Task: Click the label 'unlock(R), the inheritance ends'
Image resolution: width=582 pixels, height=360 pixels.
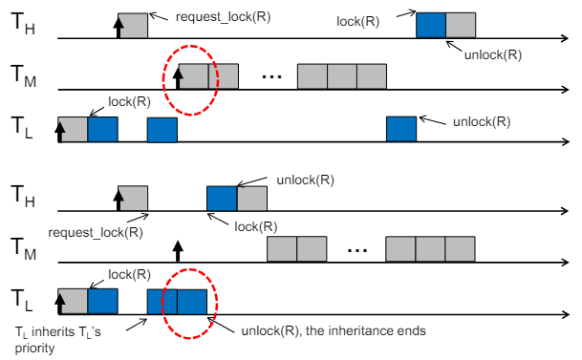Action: point(334,330)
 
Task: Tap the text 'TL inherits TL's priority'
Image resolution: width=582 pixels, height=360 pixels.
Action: point(58,340)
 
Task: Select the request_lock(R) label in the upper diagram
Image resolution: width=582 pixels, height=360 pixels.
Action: point(223,17)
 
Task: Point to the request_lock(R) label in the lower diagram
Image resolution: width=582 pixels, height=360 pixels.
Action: point(96,232)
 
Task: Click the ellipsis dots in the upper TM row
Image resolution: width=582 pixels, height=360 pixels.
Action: point(271,76)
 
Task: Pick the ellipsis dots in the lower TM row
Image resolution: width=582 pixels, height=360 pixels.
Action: point(357,250)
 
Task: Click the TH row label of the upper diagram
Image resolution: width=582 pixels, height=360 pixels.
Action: point(23,23)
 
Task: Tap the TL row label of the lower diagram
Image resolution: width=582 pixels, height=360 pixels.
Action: point(22,300)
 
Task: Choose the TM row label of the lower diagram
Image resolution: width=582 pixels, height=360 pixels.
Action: point(23,249)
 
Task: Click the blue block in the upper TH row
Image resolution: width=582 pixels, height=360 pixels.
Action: point(431,25)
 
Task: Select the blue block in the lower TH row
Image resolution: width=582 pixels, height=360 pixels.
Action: point(222,199)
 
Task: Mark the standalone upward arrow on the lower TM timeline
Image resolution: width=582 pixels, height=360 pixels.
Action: point(178,251)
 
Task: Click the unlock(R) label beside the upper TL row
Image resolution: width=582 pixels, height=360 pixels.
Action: point(482,122)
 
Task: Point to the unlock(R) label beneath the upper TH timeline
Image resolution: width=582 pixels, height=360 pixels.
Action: point(493,54)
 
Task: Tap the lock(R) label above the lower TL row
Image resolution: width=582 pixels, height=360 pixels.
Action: point(129,275)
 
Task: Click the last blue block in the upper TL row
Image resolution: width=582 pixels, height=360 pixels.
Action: point(401,129)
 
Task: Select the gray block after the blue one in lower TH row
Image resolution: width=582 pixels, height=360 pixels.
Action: point(251,199)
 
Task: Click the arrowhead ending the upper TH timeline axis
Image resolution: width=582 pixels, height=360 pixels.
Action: point(566,38)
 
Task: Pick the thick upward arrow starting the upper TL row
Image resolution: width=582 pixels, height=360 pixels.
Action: point(60,133)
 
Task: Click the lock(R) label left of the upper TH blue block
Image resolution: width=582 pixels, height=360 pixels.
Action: point(357,22)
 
